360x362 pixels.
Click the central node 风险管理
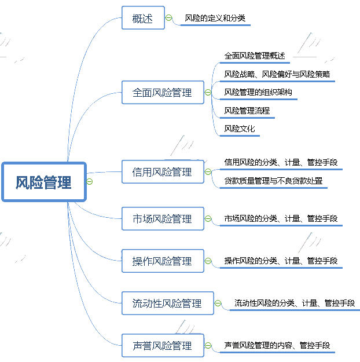pos(44,182)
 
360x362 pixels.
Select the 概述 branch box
pos(143,18)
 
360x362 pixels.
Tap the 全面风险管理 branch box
pos(162,92)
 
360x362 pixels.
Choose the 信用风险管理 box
pos(162,172)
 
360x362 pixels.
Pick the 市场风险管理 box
pos(162,219)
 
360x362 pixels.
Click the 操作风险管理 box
pos(162,261)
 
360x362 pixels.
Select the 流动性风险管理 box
pos(167,303)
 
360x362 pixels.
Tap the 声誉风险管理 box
pos(162,346)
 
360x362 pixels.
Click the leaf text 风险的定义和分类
pos(215,19)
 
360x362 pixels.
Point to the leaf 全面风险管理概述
pos(255,56)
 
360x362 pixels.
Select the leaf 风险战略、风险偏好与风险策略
pos(277,74)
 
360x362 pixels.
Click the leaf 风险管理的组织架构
pos(258,92)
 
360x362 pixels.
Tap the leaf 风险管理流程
pos(247,110)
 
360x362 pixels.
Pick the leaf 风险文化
pos(240,129)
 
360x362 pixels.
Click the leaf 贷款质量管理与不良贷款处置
pos(273,181)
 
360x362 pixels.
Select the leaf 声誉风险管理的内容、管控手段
pos(277,346)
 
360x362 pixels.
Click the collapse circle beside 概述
pos(169,18)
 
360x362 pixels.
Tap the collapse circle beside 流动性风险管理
pos(218,303)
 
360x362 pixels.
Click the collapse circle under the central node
pos(89,182)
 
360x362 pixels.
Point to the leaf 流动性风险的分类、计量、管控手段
pos(294,303)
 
